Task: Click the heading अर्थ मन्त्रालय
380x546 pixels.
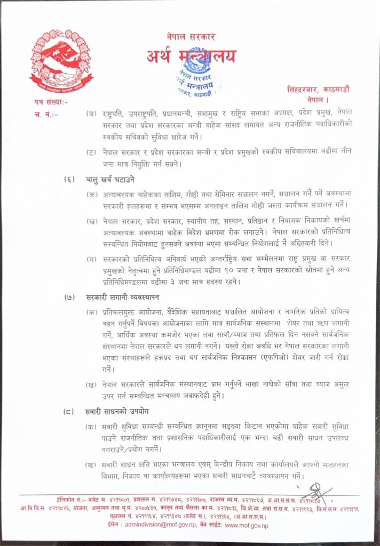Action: click(x=191, y=57)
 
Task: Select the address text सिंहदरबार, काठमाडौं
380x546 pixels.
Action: click(x=317, y=93)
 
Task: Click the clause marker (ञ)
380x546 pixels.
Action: click(x=92, y=114)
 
